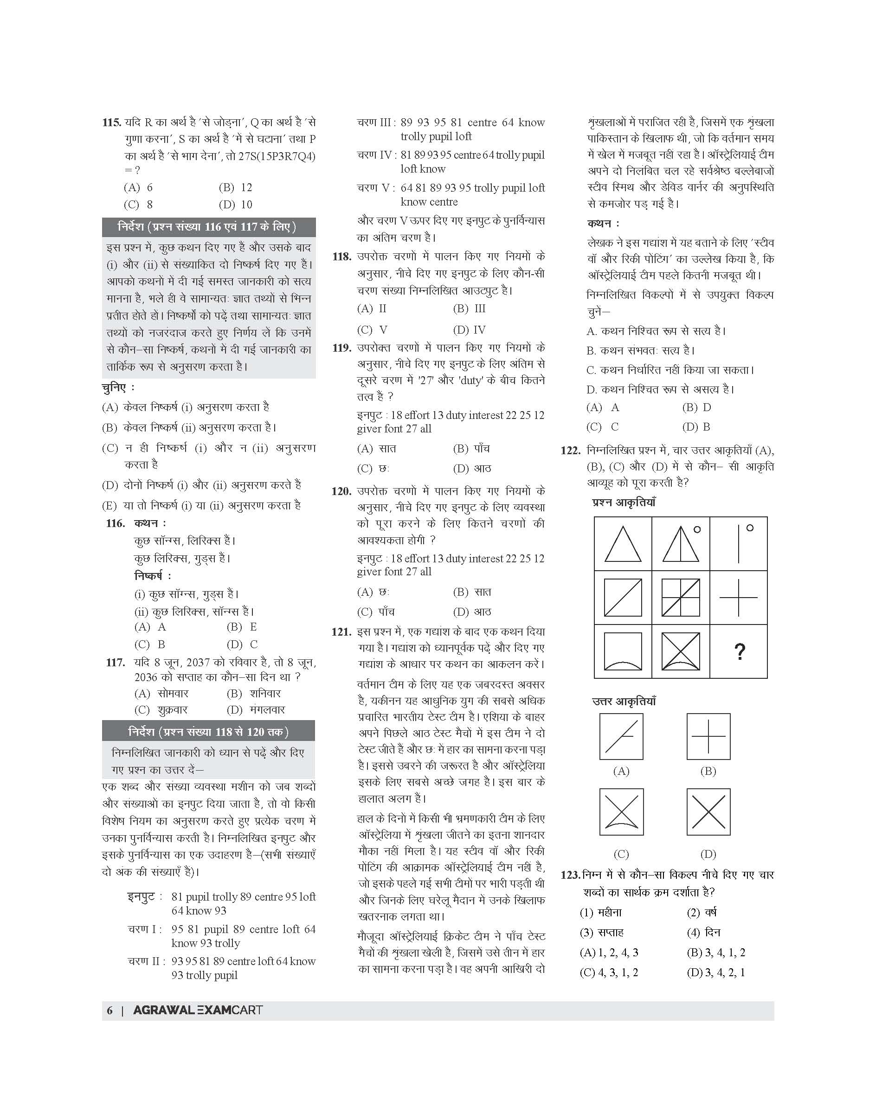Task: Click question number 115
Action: tap(111, 123)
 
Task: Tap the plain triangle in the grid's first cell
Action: tap(623, 544)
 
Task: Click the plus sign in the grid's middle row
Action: tap(739, 598)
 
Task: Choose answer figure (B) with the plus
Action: tap(708, 736)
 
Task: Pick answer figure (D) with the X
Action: tap(708, 812)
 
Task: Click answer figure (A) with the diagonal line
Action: tap(621, 736)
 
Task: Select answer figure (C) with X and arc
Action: tap(621, 812)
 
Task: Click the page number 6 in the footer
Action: tap(109, 1010)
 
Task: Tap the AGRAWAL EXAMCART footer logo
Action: tap(198, 1010)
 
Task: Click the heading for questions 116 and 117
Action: tap(209, 227)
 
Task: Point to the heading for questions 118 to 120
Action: tap(209, 731)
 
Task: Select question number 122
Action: tap(571, 451)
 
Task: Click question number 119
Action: tap(341, 348)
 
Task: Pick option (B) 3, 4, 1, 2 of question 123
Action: tap(716, 953)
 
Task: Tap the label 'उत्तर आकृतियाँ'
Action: tap(624, 702)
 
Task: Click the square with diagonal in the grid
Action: tap(623, 598)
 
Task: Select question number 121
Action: tap(341, 632)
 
